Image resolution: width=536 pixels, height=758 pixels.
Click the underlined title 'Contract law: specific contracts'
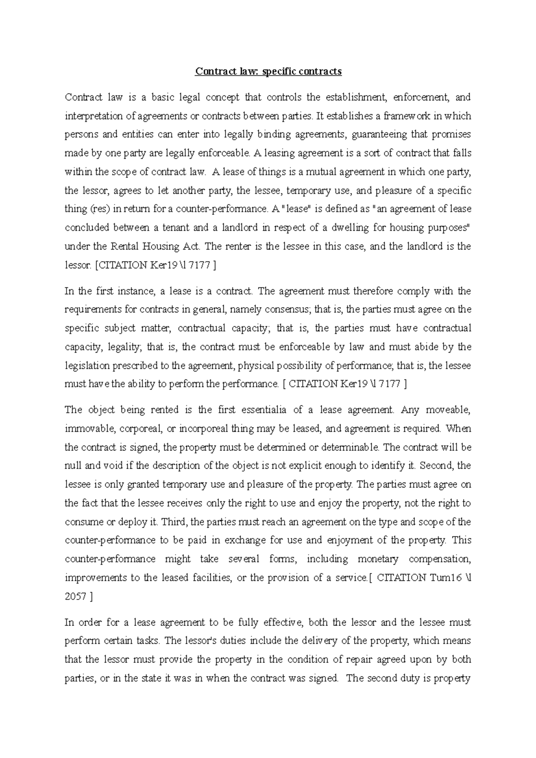pyautogui.click(x=268, y=71)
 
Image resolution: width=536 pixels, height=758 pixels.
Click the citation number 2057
pyautogui.click(x=75, y=597)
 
